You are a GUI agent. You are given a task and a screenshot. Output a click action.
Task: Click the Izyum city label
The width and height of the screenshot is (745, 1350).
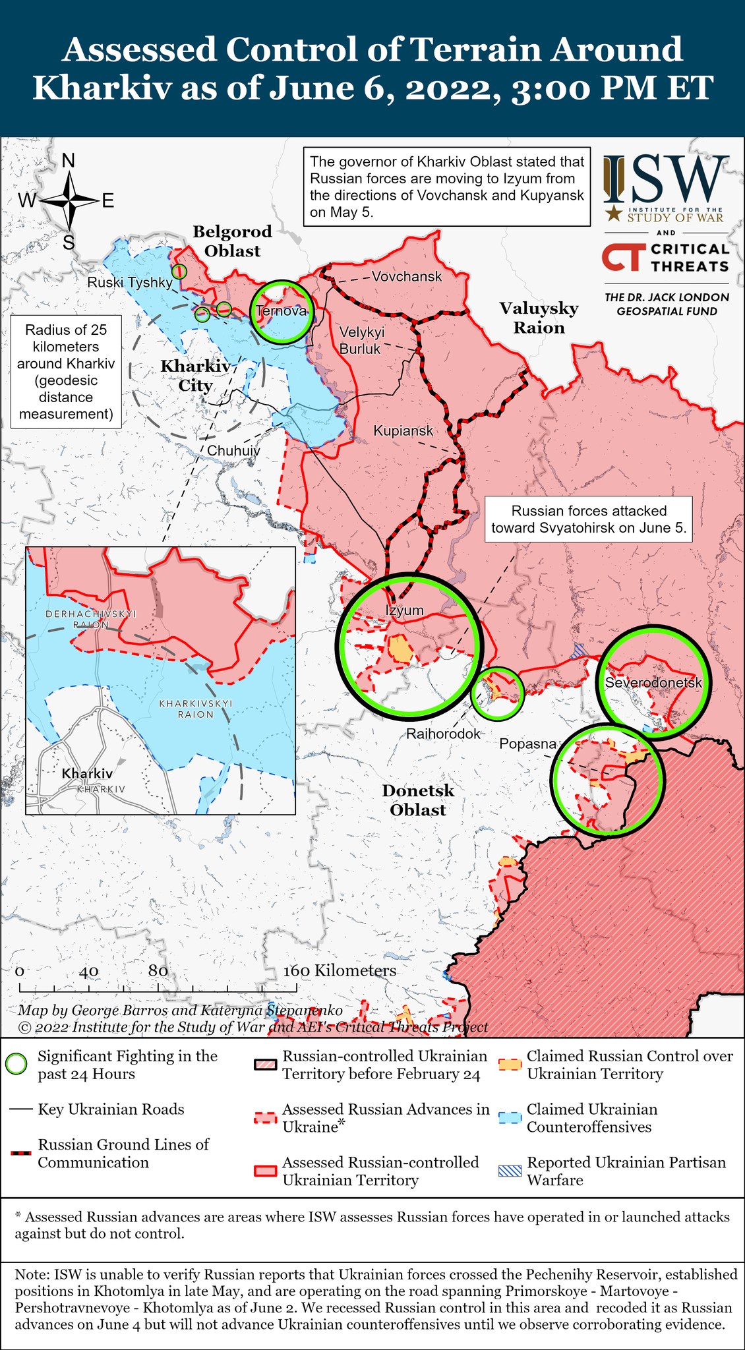pyautogui.click(x=404, y=610)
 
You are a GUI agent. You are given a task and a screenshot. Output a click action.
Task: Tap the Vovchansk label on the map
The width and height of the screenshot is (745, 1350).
pyautogui.click(x=406, y=276)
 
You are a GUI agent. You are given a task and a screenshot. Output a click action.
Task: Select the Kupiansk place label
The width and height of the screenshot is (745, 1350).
pyautogui.click(x=403, y=431)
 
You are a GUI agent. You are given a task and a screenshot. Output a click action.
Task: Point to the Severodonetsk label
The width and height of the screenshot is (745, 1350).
pyautogui.click(x=653, y=683)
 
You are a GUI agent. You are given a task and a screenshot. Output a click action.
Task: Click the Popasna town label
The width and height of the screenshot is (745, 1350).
pyautogui.click(x=527, y=744)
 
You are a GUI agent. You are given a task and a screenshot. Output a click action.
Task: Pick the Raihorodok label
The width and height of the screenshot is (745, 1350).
pyautogui.click(x=443, y=734)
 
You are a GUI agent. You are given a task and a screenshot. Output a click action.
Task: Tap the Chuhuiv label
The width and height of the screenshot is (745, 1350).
pyautogui.click(x=233, y=451)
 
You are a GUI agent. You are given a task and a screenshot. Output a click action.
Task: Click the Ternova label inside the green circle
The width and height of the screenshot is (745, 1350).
pyautogui.click(x=282, y=311)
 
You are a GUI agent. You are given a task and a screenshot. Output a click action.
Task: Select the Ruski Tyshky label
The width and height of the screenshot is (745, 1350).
pyautogui.click(x=130, y=282)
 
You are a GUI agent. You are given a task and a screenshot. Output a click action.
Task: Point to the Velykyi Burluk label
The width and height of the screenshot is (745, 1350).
pyautogui.click(x=361, y=340)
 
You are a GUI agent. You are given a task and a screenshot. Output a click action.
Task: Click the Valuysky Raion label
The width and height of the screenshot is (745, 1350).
pyautogui.click(x=539, y=318)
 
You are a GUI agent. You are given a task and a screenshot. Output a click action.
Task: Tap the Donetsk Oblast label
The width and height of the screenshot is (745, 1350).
pyautogui.click(x=418, y=800)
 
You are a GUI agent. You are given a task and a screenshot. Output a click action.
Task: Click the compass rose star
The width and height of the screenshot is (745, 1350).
pyautogui.click(x=68, y=200)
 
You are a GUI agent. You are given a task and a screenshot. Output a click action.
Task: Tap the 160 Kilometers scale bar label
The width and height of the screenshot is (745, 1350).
pyautogui.click(x=340, y=971)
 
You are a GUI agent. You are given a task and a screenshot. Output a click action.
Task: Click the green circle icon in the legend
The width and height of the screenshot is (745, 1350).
pyautogui.click(x=16, y=1065)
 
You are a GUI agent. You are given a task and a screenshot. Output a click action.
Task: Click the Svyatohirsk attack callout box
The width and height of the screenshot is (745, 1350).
pyautogui.click(x=589, y=519)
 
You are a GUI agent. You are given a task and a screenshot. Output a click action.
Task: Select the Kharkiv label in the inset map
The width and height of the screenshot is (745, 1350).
pyautogui.click(x=87, y=773)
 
